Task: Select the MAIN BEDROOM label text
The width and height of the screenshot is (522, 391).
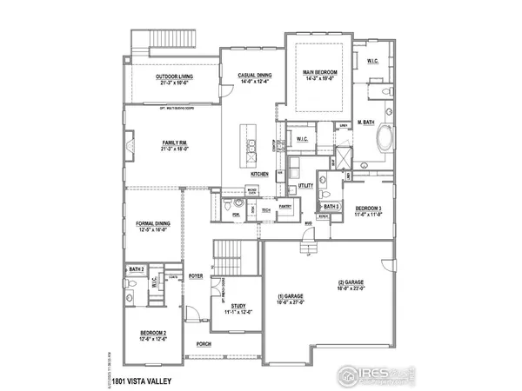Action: click(319, 71)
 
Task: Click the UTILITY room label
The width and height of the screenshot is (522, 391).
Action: click(305, 185)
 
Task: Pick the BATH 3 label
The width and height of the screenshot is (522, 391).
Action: click(330, 207)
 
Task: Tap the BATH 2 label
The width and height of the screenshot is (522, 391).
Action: click(135, 270)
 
